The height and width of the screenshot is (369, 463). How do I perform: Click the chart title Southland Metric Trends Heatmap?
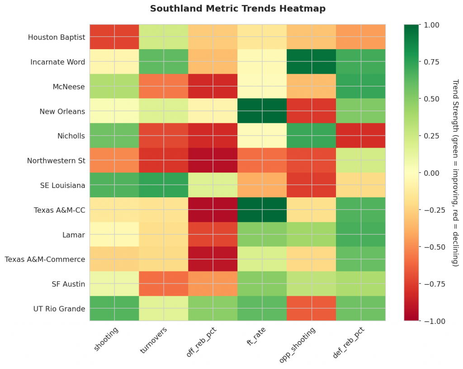[x=237, y=9]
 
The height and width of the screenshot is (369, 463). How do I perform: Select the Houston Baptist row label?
[x=57, y=37]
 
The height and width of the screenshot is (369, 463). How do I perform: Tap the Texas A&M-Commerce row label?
[x=45, y=259]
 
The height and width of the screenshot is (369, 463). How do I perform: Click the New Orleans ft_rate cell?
[x=262, y=111]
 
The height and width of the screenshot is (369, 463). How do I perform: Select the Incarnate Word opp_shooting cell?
[x=312, y=62]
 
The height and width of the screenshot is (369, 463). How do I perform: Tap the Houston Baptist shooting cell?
[x=114, y=37]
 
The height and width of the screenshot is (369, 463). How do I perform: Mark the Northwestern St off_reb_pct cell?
[x=213, y=160]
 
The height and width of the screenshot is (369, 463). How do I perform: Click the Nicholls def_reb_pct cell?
[x=361, y=136]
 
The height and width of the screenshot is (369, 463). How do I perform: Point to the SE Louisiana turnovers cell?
[x=164, y=185]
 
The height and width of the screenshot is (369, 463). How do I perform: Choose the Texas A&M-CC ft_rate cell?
[x=262, y=210]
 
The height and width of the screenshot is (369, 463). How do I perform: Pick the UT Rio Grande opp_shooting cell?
[x=312, y=309]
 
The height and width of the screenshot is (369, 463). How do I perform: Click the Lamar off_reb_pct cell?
[x=213, y=235]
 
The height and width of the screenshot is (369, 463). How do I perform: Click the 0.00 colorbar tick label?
[x=430, y=173]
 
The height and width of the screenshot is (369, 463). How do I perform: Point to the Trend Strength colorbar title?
[x=455, y=173]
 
